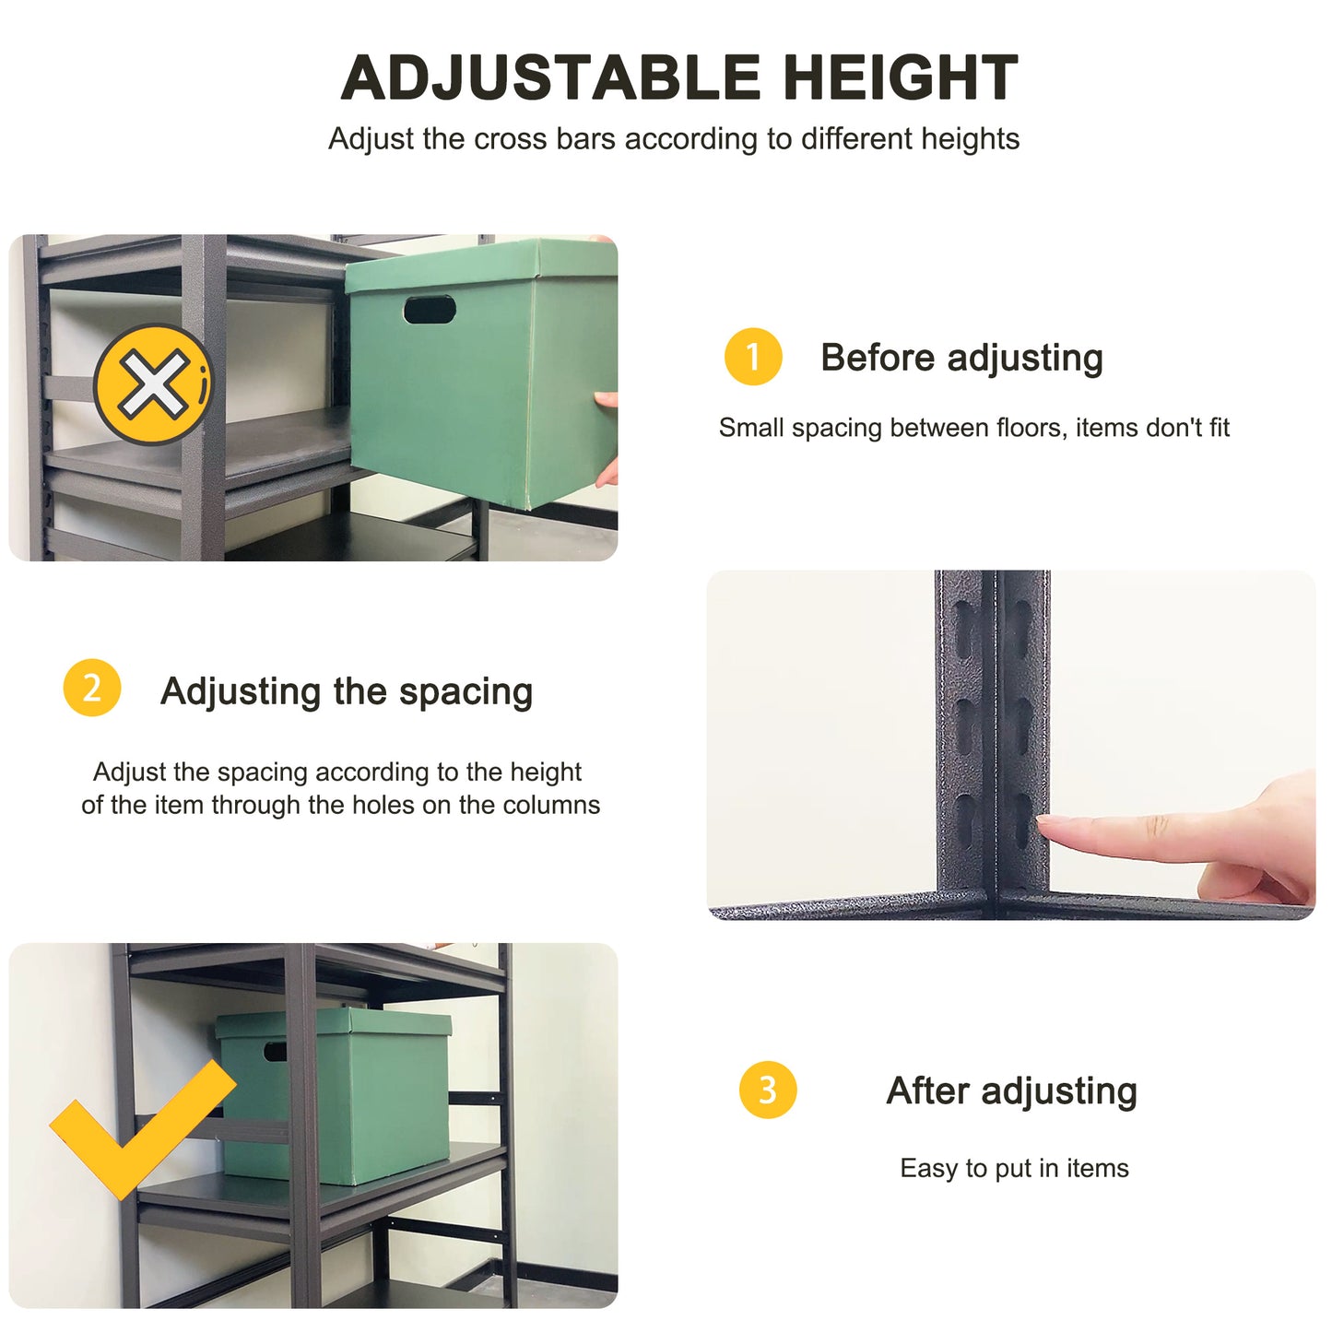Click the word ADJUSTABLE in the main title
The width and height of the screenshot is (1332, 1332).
click(550, 77)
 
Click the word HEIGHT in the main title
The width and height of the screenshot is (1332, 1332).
click(900, 77)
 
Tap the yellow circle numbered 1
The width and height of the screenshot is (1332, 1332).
click(752, 357)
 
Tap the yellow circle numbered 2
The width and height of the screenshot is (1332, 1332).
click(91, 688)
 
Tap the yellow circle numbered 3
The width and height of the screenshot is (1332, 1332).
click(767, 1090)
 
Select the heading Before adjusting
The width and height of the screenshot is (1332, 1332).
click(961, 358)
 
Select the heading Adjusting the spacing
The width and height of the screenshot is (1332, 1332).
click(347, 691)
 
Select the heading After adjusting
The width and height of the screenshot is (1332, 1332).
click(1011, 1091)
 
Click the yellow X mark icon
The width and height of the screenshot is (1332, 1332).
click(152, 383)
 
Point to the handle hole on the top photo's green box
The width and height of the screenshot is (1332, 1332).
click(430, 310)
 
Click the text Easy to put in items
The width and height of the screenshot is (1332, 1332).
click(1014, 1169)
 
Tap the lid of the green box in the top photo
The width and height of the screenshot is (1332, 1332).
click(479, 265)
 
